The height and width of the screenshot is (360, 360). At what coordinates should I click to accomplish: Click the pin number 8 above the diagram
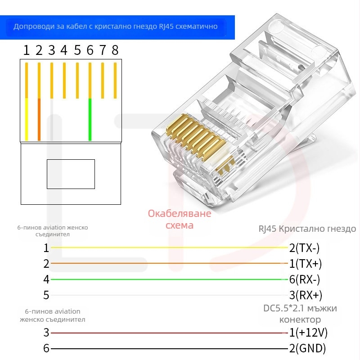(x=115, y=50)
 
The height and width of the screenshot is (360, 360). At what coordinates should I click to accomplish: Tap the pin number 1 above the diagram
(x=27, y=50)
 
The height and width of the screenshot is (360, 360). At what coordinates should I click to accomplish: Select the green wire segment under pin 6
(x=90, y=119)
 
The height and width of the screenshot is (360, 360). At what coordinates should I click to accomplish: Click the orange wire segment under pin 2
(x=39, y=119)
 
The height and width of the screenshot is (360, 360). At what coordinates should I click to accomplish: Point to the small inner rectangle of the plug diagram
(x=71, y=174)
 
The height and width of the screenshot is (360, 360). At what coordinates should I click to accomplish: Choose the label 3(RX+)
(x=305, y=296)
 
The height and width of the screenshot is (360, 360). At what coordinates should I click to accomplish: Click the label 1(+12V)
(x=308, y=333)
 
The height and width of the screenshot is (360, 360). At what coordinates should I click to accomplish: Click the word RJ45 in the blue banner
(x=168, y=27)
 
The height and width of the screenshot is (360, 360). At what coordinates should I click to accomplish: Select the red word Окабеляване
(x=180, y=213)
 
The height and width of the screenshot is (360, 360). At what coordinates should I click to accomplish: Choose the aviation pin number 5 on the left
(x=46, y=296)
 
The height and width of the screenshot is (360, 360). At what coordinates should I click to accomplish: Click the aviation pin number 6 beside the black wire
(x=46, y=349)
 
